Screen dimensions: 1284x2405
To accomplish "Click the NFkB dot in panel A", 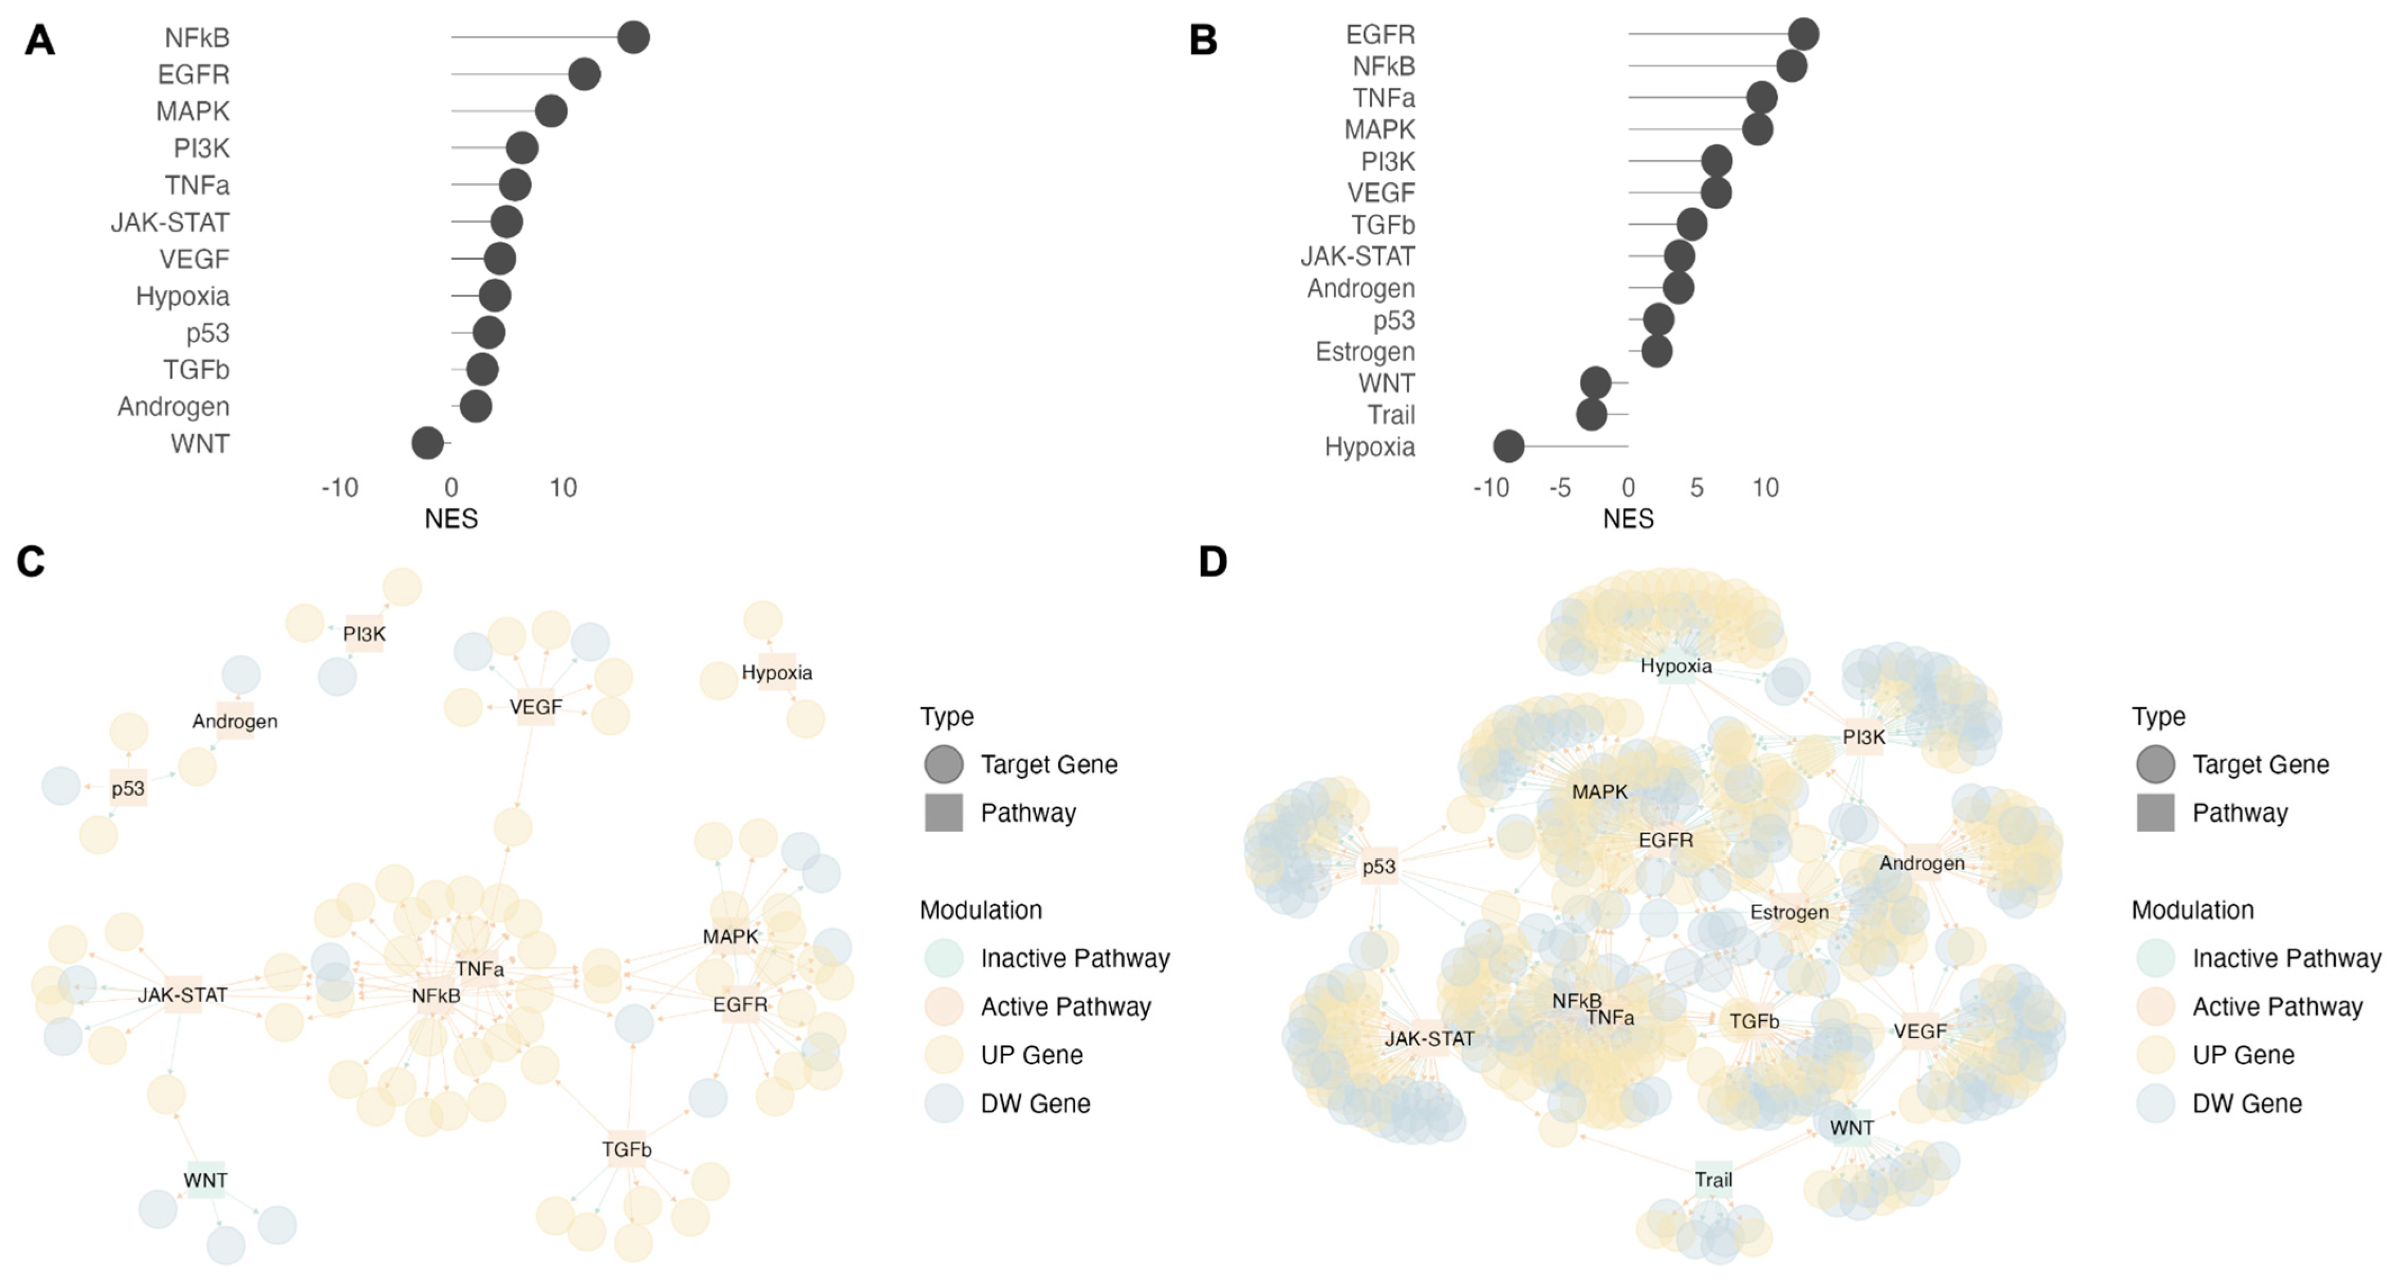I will click(x=633, y=37).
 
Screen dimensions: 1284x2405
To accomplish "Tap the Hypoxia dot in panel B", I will click(x=1509, y=447).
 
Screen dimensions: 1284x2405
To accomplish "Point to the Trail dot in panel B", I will click(x=1592, y=415).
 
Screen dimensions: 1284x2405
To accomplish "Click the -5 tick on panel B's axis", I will click(x=1560, y=488).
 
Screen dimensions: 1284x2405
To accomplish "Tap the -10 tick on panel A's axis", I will click(x=340, y=488).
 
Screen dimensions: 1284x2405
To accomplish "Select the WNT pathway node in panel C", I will click(x=205, y=1181).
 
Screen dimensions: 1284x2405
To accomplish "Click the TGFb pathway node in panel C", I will click(x=626, y=1150).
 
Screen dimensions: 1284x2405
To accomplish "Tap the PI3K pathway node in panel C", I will click(x=364, y=634).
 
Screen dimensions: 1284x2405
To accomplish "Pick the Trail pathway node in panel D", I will click(x=1713, y=1179).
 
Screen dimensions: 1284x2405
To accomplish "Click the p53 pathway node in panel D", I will click(x=1379, y=867).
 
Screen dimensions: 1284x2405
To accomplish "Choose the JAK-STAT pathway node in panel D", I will click(x=1429, y=1038).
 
